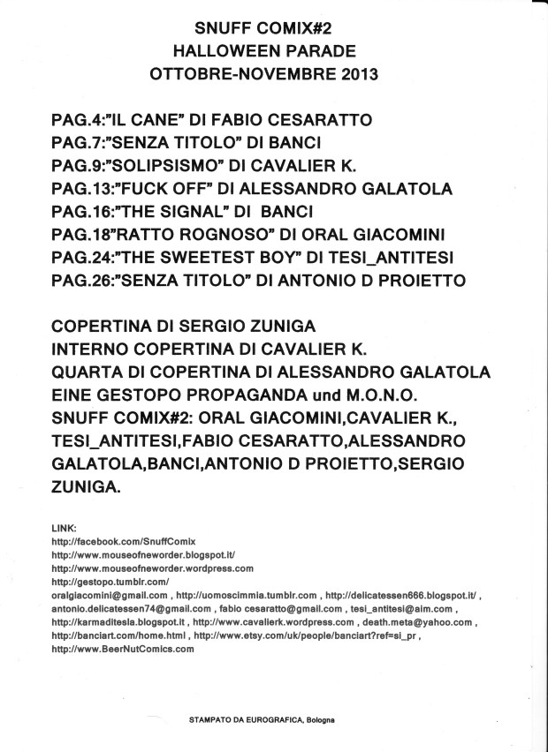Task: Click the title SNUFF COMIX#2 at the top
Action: tap(264, 31)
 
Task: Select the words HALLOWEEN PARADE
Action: tap(264, 52)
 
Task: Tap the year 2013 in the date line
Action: tap(356, 73)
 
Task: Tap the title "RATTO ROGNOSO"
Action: tap(195, 233)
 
